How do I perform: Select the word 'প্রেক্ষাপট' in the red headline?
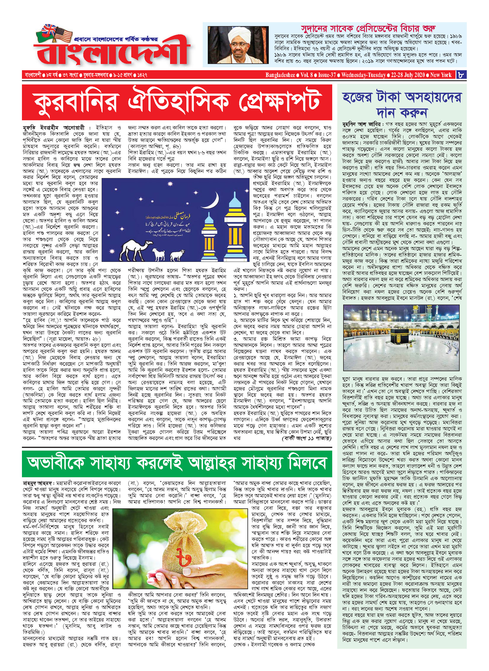(280, 102)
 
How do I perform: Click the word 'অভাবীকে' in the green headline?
(56, 463)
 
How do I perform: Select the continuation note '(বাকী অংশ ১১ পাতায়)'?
(306, 438)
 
